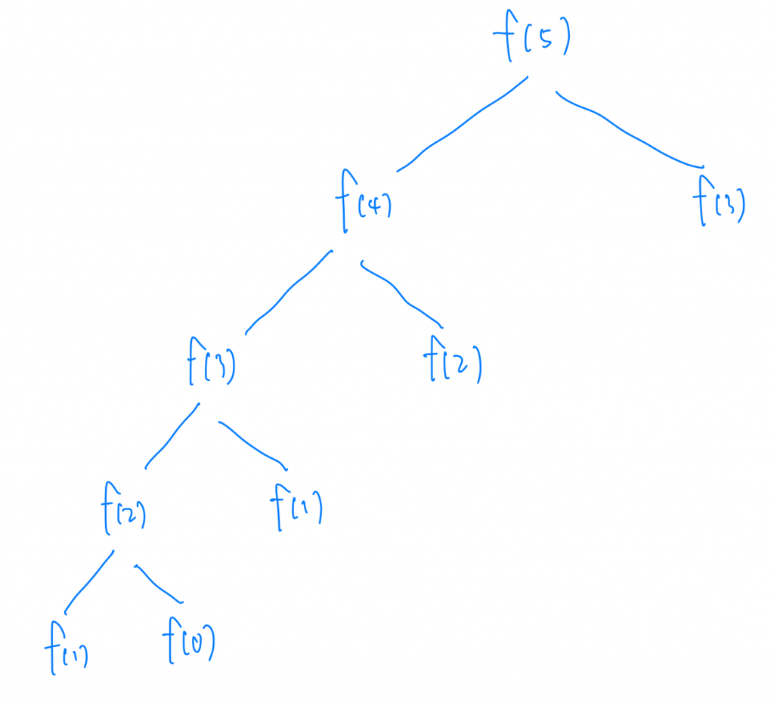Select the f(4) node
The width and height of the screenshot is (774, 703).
point(363,204)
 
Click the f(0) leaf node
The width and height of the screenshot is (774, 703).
point(189,645)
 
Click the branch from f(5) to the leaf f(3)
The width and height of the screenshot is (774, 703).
point(627,132)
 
